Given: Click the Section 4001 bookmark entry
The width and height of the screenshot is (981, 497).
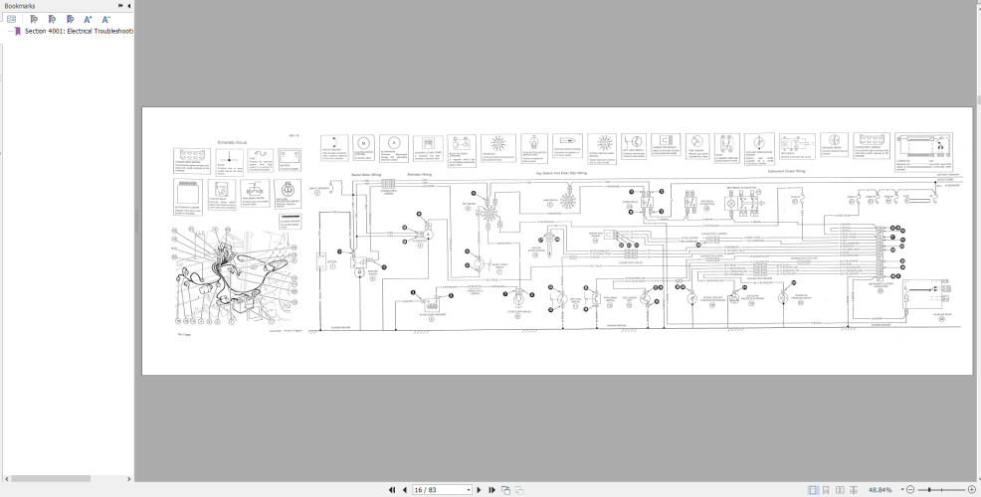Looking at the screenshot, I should point(78,31).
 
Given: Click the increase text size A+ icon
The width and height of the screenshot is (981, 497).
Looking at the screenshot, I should point(88,19).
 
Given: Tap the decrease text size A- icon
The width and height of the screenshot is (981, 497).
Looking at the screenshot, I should point(104,19).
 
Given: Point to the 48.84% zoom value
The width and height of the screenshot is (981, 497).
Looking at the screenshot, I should point(880,490).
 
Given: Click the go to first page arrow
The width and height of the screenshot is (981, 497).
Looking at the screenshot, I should point(392,490).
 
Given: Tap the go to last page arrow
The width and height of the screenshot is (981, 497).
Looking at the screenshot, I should point(490,490).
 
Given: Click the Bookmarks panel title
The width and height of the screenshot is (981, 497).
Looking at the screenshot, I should point(20,6).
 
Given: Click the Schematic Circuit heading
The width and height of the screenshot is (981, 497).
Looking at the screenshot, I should point(231,143).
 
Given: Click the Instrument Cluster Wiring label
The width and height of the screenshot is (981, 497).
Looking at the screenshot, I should point(789,172).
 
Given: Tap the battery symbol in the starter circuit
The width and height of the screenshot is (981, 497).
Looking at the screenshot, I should point(321,262).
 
